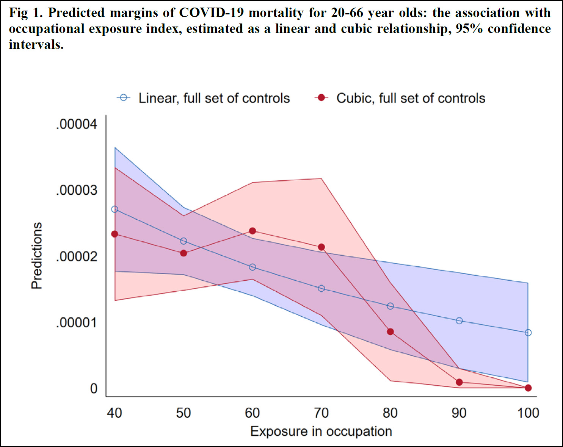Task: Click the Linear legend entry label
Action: (x=214, y=98)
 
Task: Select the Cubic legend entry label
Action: (x=411, y=98)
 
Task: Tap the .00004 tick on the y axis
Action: (x=77, y=124)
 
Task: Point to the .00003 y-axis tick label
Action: (x=77, y=190)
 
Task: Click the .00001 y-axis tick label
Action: (x=77, y=323)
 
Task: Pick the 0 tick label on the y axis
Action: (x=94, y=389)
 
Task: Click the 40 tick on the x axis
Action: (x=114, y=413)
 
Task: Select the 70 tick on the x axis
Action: (x=321, y=413)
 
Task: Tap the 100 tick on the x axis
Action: (x=528, y=413)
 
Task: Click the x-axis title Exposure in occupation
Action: (x=321, y=431)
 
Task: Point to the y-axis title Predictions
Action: (x=37, y=256)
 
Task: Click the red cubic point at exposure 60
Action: (x=252, y=231)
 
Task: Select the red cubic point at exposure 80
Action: (x=390, y=332)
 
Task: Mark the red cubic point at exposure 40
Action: (x=115, y=234)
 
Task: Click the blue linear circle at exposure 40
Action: (x=115, y=209)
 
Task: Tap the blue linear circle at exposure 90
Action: (x=459, y=321)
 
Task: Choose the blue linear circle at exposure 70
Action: (x=321, y=289)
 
